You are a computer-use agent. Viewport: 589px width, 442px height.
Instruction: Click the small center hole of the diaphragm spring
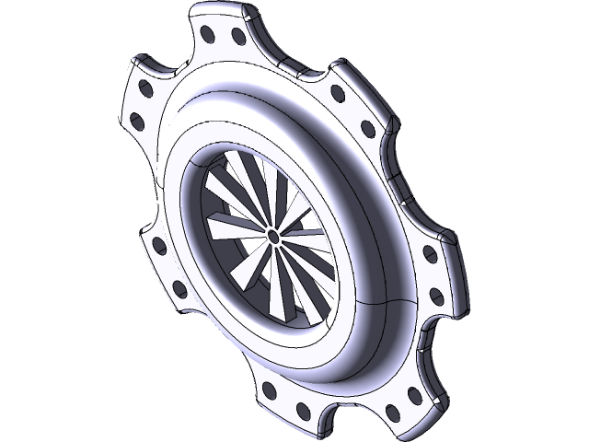(x=273, y=236)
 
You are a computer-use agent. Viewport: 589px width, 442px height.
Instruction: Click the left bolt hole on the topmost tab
(x=208, y=35)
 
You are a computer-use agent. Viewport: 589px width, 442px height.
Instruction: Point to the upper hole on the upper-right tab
(x=338, y=92)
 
